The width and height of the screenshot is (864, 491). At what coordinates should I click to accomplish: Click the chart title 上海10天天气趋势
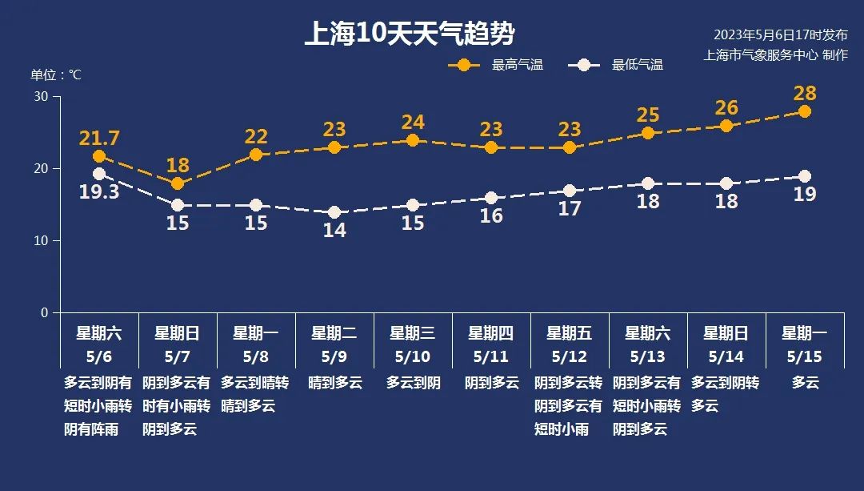click(409, 34)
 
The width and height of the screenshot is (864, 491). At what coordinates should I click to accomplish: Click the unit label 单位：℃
click(56, 75)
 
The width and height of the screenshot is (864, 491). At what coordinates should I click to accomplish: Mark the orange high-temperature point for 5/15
click(805, 111)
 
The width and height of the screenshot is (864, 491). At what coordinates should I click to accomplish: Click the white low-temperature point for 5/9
click(334, 212)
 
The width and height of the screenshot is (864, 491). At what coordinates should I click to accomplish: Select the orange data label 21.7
click(99, 138)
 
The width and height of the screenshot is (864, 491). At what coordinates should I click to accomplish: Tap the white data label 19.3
click(99, 192)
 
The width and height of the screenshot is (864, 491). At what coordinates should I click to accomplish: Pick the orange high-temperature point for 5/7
click(178, 183)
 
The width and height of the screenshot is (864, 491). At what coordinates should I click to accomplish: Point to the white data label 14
click(334, 230)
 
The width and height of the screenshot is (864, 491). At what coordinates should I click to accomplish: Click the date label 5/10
click(413, 356)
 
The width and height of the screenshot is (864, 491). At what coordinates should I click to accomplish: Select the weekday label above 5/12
click(570, 333)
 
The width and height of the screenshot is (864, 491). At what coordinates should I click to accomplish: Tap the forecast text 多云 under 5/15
click(805, 383)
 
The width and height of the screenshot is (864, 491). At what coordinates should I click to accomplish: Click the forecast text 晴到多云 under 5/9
click(334, 383)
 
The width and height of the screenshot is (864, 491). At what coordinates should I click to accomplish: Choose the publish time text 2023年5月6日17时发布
click(780, 35)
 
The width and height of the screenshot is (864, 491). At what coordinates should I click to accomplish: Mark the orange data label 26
click(726, 108)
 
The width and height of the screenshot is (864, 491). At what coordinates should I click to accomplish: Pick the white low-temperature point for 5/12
click(570, 191)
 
